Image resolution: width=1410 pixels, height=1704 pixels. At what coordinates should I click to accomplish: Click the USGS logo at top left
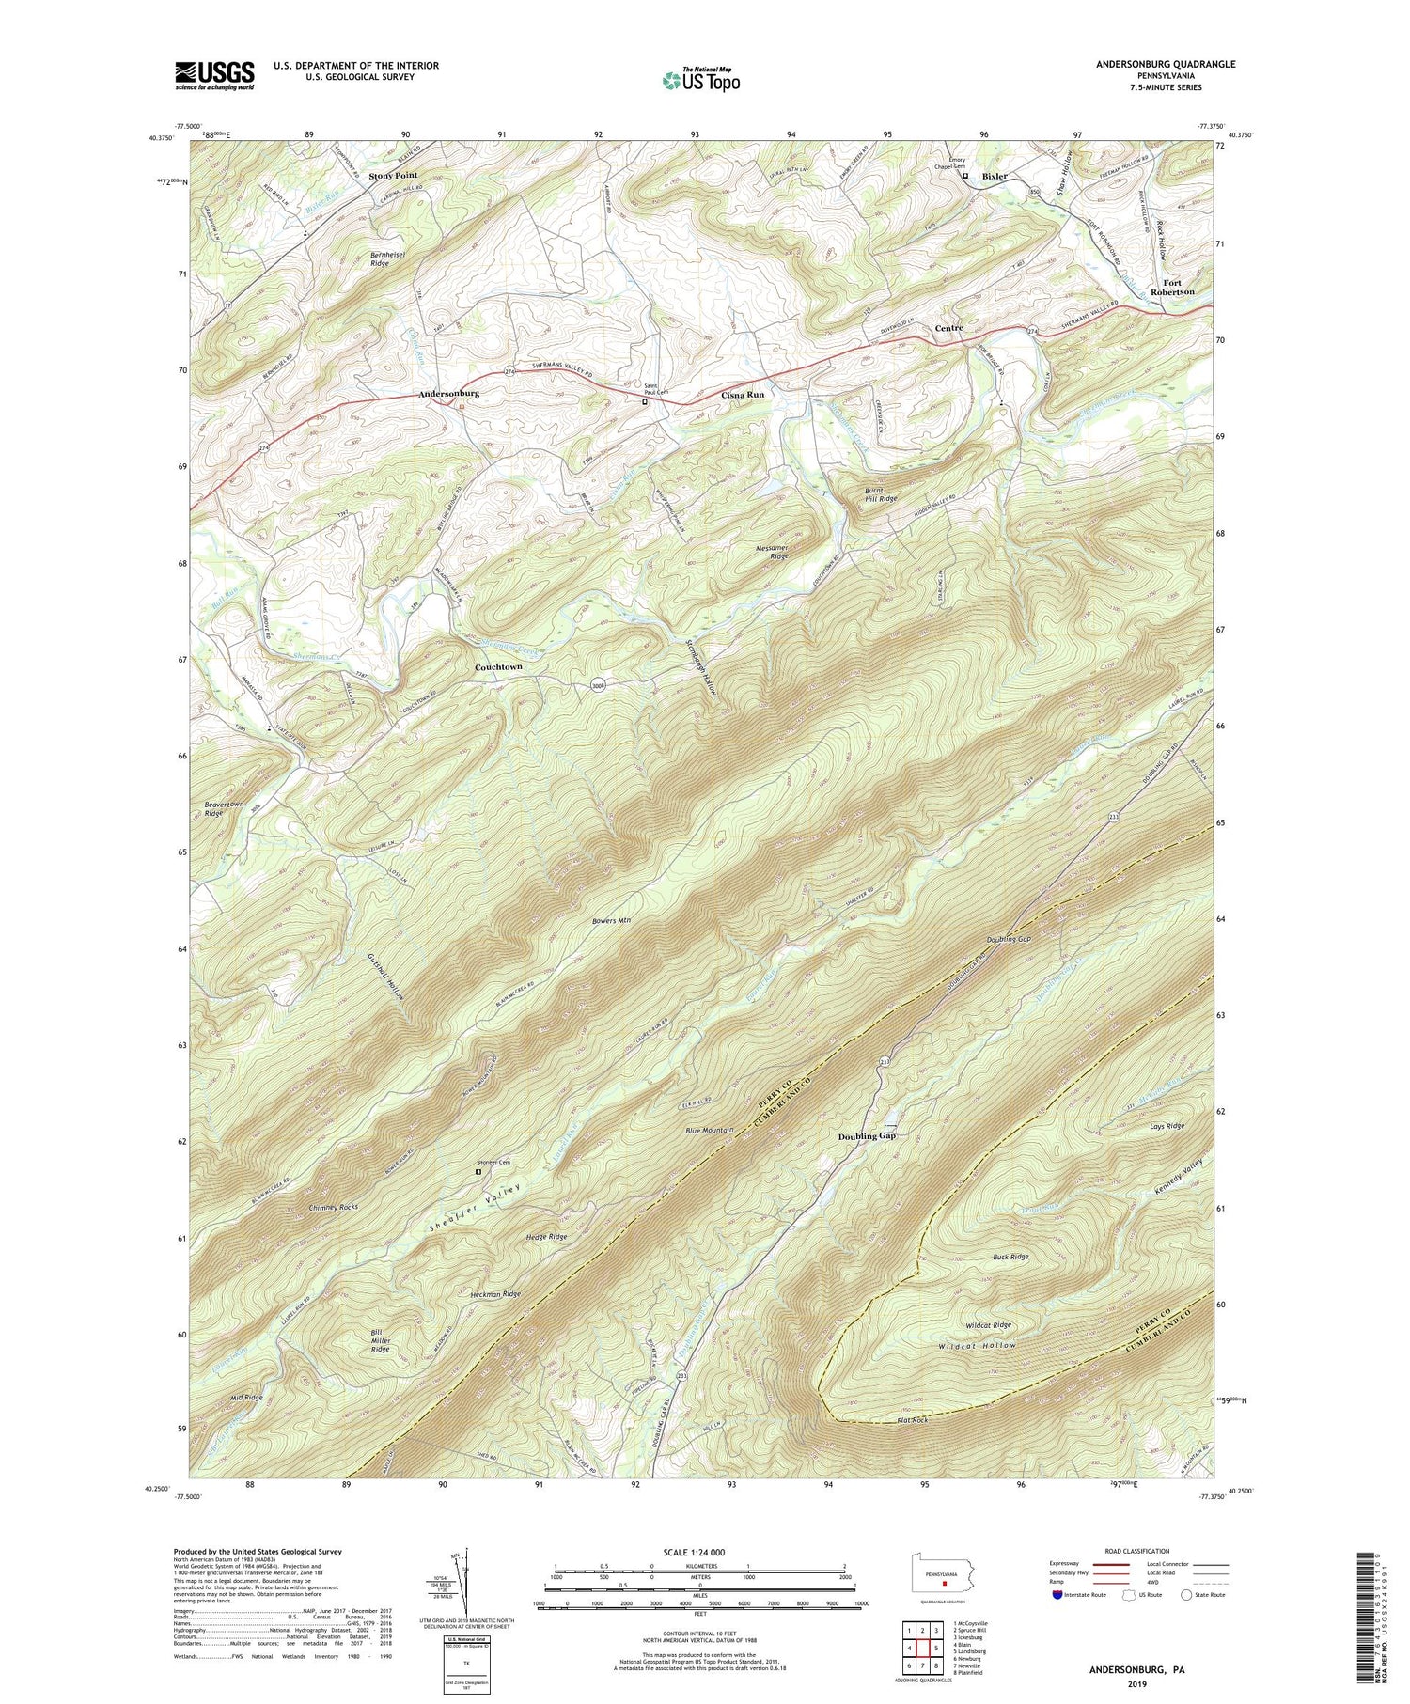(214, 74)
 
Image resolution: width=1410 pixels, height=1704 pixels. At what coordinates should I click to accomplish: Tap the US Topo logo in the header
(699, 80)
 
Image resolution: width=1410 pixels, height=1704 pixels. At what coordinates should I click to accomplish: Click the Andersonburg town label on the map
(448, 394)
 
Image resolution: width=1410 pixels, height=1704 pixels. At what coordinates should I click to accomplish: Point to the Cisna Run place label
(743, 395)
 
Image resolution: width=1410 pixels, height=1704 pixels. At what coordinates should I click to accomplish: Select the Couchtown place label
(497, 666)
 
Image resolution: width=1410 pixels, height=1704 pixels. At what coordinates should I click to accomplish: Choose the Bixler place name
(995, 176)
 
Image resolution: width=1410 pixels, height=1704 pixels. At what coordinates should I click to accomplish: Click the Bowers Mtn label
(610, 920)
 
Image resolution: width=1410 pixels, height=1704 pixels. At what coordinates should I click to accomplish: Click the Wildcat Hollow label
(978, 1345)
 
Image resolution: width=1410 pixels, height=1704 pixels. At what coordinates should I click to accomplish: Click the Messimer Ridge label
(767, 552)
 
